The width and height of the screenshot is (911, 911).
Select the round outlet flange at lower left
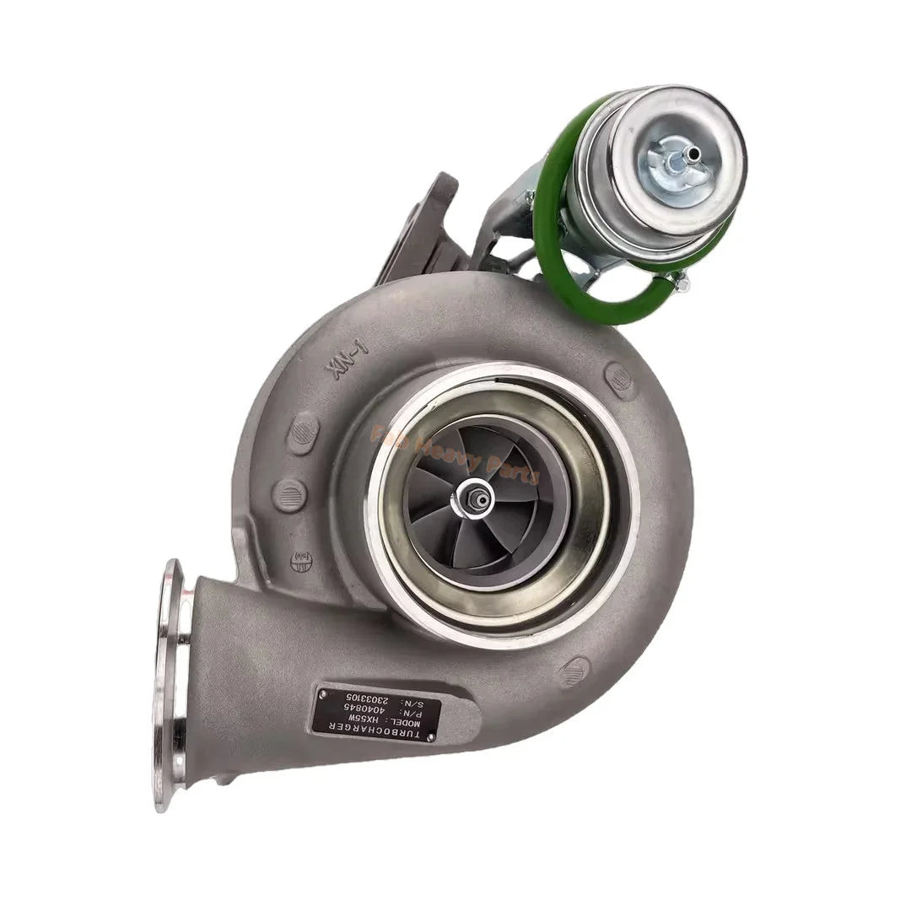(169, 683)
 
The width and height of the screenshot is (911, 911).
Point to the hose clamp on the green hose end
(680, 281)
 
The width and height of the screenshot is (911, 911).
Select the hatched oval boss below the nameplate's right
(575, 672)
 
